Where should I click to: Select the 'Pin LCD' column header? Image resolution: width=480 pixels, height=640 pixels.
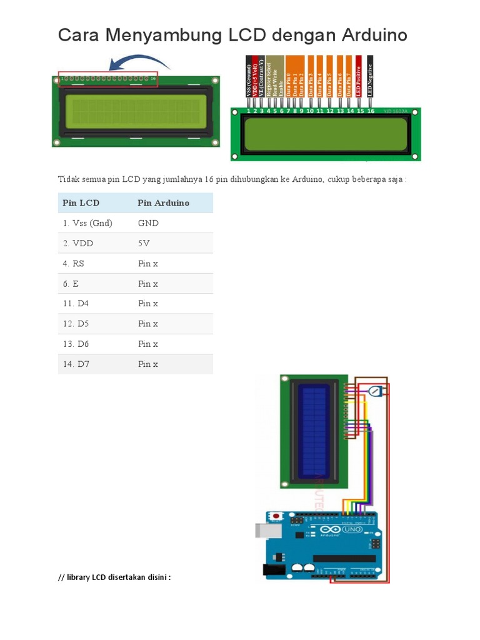81,203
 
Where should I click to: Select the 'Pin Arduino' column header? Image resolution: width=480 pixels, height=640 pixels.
163,203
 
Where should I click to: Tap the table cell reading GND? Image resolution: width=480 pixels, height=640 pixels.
148,223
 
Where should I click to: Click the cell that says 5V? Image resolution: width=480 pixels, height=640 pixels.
144,243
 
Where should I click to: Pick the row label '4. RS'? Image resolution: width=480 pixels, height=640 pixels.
73,264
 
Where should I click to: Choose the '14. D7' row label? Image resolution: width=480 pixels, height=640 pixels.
75,364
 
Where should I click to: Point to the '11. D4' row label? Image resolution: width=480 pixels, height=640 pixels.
75,304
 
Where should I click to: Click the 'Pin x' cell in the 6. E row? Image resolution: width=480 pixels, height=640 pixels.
148,284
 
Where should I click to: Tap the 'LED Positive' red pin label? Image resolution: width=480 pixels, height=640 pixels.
359,79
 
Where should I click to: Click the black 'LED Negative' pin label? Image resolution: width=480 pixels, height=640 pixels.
370,79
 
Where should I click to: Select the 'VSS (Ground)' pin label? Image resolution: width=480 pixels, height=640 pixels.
249,79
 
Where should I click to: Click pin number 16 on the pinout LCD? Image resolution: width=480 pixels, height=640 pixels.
371,111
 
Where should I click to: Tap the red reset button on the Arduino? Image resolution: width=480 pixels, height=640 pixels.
274,516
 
